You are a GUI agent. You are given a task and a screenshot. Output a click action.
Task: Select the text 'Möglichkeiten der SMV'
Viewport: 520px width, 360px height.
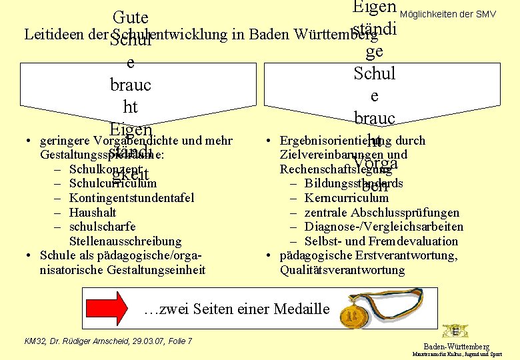(x=458, y=14)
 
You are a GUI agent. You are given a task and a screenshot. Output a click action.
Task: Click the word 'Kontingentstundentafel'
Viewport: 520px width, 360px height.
(x=131, y=198)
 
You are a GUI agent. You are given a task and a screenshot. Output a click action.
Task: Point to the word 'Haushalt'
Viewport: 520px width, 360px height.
(x=93, y=213)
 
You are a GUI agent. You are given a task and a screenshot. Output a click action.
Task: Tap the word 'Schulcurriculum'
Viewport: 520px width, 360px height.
(x=113, y=183)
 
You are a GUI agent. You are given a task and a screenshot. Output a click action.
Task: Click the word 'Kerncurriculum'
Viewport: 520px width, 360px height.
(x=346, y=198)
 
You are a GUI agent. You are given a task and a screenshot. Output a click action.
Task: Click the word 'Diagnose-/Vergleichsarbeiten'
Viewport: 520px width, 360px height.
(x=383, y=227)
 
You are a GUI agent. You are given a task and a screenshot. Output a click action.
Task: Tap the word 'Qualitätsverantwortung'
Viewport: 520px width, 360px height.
(x=342, y=270)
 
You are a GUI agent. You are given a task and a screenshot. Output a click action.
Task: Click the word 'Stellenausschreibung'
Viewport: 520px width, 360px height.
(x=125, y=241)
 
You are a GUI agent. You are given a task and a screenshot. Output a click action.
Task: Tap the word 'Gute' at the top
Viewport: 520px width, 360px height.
(x=131, y=17)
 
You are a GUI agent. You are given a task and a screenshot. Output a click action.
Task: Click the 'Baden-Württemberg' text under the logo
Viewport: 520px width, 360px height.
(x=457, y=347)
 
